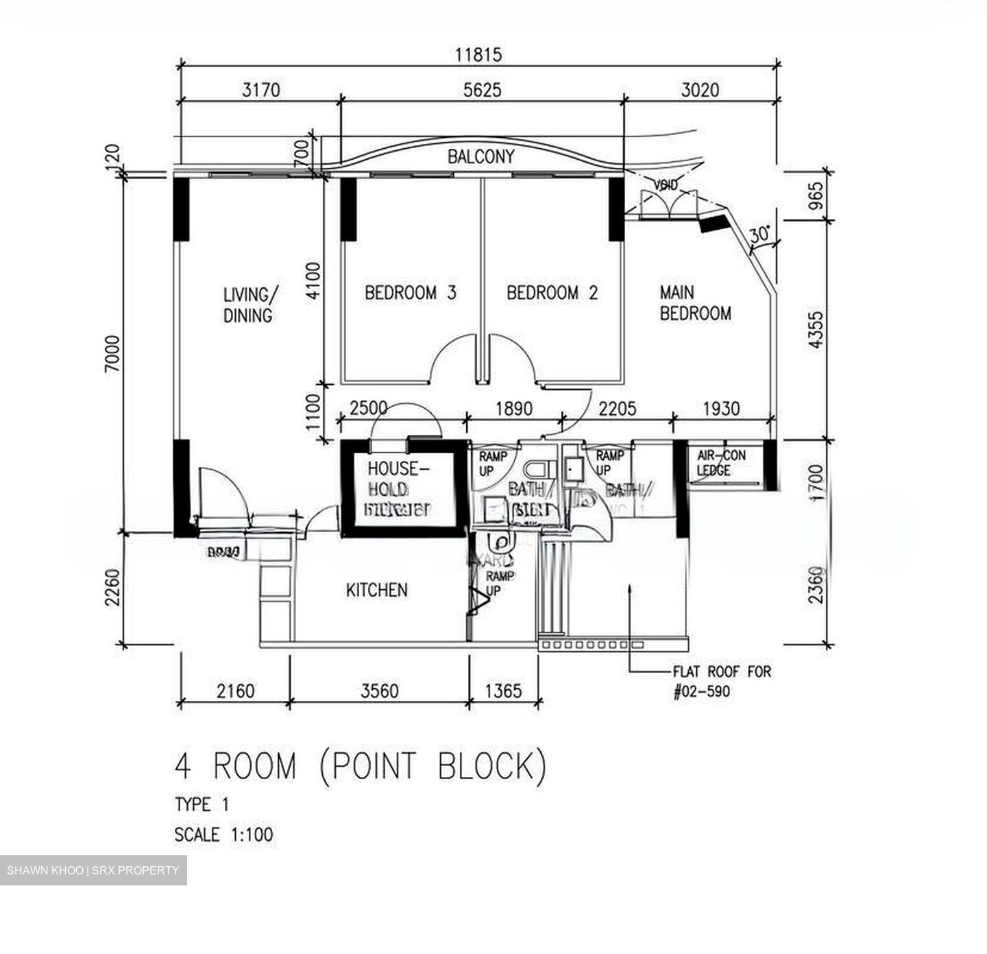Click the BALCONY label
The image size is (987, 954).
pyautogui.click(x=480, y=156)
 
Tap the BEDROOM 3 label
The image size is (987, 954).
pyautogui.click(x=410, y=293)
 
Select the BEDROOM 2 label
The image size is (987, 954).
pyautogui.click(x=552, y=293)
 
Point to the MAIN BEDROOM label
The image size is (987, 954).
pyautogui.click(x=694, y=302)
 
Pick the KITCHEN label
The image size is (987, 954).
pyautogui.click(x=376, y=590)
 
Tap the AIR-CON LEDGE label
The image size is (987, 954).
pyautogui.click(x=720, y=463)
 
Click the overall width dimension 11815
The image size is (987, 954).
pyautogui.click(x=478, y=54)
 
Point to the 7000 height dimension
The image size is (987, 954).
pyautogui.click(x=112, y=353)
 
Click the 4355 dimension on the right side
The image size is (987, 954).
pyautogui.click(x=816, y=330)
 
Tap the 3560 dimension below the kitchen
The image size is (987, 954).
pyautogui.click(x=379, y=690)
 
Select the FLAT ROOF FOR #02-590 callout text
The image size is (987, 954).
pyautogui.click(x=721, y=681)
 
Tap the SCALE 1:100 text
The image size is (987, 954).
pyautogui.click(x=223, y=835)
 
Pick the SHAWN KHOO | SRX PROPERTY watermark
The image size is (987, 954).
pyautogui.click(x=93, y=870)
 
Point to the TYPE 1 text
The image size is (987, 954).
pyautogui.click(x=202, y=804)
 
